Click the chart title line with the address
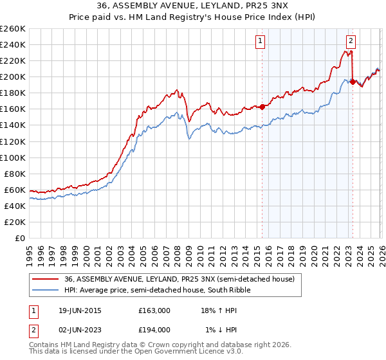click(193, 6)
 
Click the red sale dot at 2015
click(262, 107)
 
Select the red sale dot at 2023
click(353, 82)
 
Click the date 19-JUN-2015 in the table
click(75, 310)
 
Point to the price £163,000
click(154, 310)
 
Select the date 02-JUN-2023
click(75, 330)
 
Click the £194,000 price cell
click(154, 330)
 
